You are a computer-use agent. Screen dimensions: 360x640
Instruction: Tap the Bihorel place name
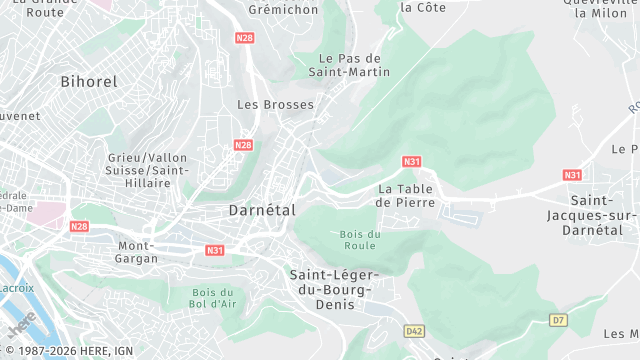(x=89, y=81)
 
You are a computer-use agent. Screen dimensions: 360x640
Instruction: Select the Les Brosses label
(x=275, y=104)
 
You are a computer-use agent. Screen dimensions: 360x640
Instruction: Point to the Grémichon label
(x=282, y=10)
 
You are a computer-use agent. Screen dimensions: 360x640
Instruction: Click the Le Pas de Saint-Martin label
(x=350, y=65)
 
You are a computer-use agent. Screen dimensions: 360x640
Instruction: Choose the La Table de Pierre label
(x=406, y=195)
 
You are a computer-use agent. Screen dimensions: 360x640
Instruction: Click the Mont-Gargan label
(x=138, y=252)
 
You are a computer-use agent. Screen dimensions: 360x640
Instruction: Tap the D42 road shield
(x=415, y=330)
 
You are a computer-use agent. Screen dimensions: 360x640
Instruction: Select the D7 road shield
(x=557, y=320)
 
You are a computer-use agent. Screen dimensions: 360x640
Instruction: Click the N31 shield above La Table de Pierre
(x=412, y=161)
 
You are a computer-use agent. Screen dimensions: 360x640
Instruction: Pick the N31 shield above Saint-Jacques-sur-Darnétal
(x=572, y=175)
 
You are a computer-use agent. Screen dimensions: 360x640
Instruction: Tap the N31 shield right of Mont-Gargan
(x=215, y=250)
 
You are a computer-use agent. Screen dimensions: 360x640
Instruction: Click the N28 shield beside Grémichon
(x=245, y=38)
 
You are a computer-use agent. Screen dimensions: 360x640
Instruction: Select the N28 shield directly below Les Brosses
(x=243, y=145)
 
